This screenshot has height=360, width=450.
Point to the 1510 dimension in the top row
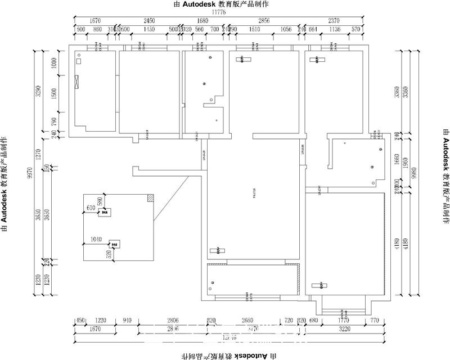pyautogui.click(x=254, y=29)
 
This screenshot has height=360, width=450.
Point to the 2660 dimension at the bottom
pyautogui.click(x=247, y=321)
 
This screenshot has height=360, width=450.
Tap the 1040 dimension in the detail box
pyautogui.click(x=96, y=240)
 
